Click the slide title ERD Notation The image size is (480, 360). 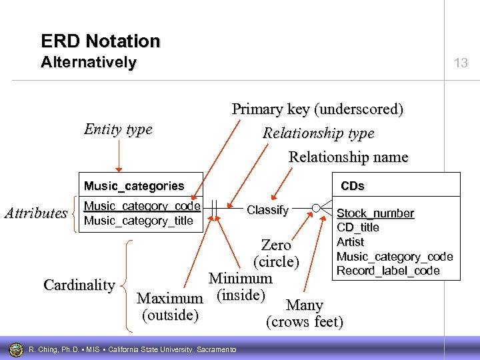point(100,41)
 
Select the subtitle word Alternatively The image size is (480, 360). point(88,63)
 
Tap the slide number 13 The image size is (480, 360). point(461,63)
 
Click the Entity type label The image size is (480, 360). point(118,129)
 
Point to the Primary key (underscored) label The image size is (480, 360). point(317,109)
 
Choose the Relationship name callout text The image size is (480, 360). point(348,157)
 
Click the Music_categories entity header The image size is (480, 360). point(133,185)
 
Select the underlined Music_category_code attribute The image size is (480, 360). point(141,207)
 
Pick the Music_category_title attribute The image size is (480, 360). point(138,221)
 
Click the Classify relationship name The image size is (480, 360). point(267,210)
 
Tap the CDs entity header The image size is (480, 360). point(353,185)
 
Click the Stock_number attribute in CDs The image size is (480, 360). point(375,213)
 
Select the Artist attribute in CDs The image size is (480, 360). point(350,242)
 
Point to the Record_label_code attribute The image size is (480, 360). point(388,271)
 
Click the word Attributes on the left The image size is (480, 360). point(36,213)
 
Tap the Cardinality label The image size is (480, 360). point(79,285)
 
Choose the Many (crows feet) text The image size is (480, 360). point(305,314)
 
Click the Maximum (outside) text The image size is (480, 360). point(169,307)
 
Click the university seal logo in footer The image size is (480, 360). point(15,349)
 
